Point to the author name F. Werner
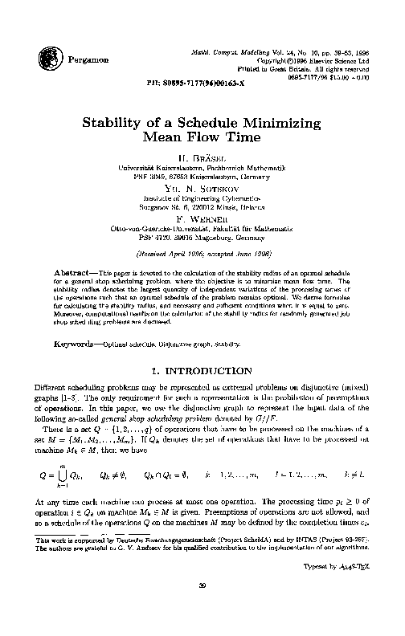pyautogui.click(x=202, y=218)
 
